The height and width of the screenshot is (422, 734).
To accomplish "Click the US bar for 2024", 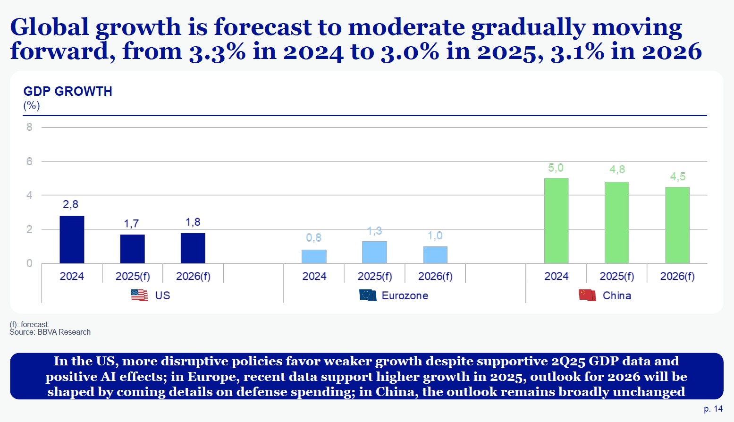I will tap(72, 239).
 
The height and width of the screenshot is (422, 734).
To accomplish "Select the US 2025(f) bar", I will tap(132, 249).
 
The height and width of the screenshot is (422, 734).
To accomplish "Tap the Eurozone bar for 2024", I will tap(314, 256).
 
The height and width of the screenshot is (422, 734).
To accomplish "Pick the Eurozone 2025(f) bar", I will tap(374, 252).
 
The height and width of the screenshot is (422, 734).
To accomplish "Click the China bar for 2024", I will tap(556, 220).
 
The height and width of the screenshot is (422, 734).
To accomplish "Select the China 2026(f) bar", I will tap(677, 225).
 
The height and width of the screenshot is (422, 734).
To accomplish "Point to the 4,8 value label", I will tap(617, 169).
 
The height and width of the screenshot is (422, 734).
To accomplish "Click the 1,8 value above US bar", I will tap(193, 222).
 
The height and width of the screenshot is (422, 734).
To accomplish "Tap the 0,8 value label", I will tap(314, 237).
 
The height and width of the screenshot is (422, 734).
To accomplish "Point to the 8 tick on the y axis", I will tap(29, 127).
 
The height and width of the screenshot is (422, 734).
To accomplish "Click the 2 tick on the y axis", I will tap(29, 229).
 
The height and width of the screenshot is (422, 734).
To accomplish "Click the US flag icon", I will tap(139, 295).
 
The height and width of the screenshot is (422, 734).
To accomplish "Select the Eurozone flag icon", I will tap(367, 295).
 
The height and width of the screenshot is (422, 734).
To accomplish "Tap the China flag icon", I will tap(587, 295).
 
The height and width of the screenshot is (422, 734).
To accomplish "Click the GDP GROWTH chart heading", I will tap(68, 91).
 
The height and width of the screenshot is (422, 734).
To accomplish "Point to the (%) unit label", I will tap(32, 105).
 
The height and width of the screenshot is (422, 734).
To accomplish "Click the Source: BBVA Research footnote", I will tap(50, 332).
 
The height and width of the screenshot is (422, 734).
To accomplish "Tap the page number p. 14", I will tap(713, 409).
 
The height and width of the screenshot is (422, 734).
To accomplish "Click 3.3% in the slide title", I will tap(217, 51).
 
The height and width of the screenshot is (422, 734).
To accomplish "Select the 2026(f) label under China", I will tap(677, 276).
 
